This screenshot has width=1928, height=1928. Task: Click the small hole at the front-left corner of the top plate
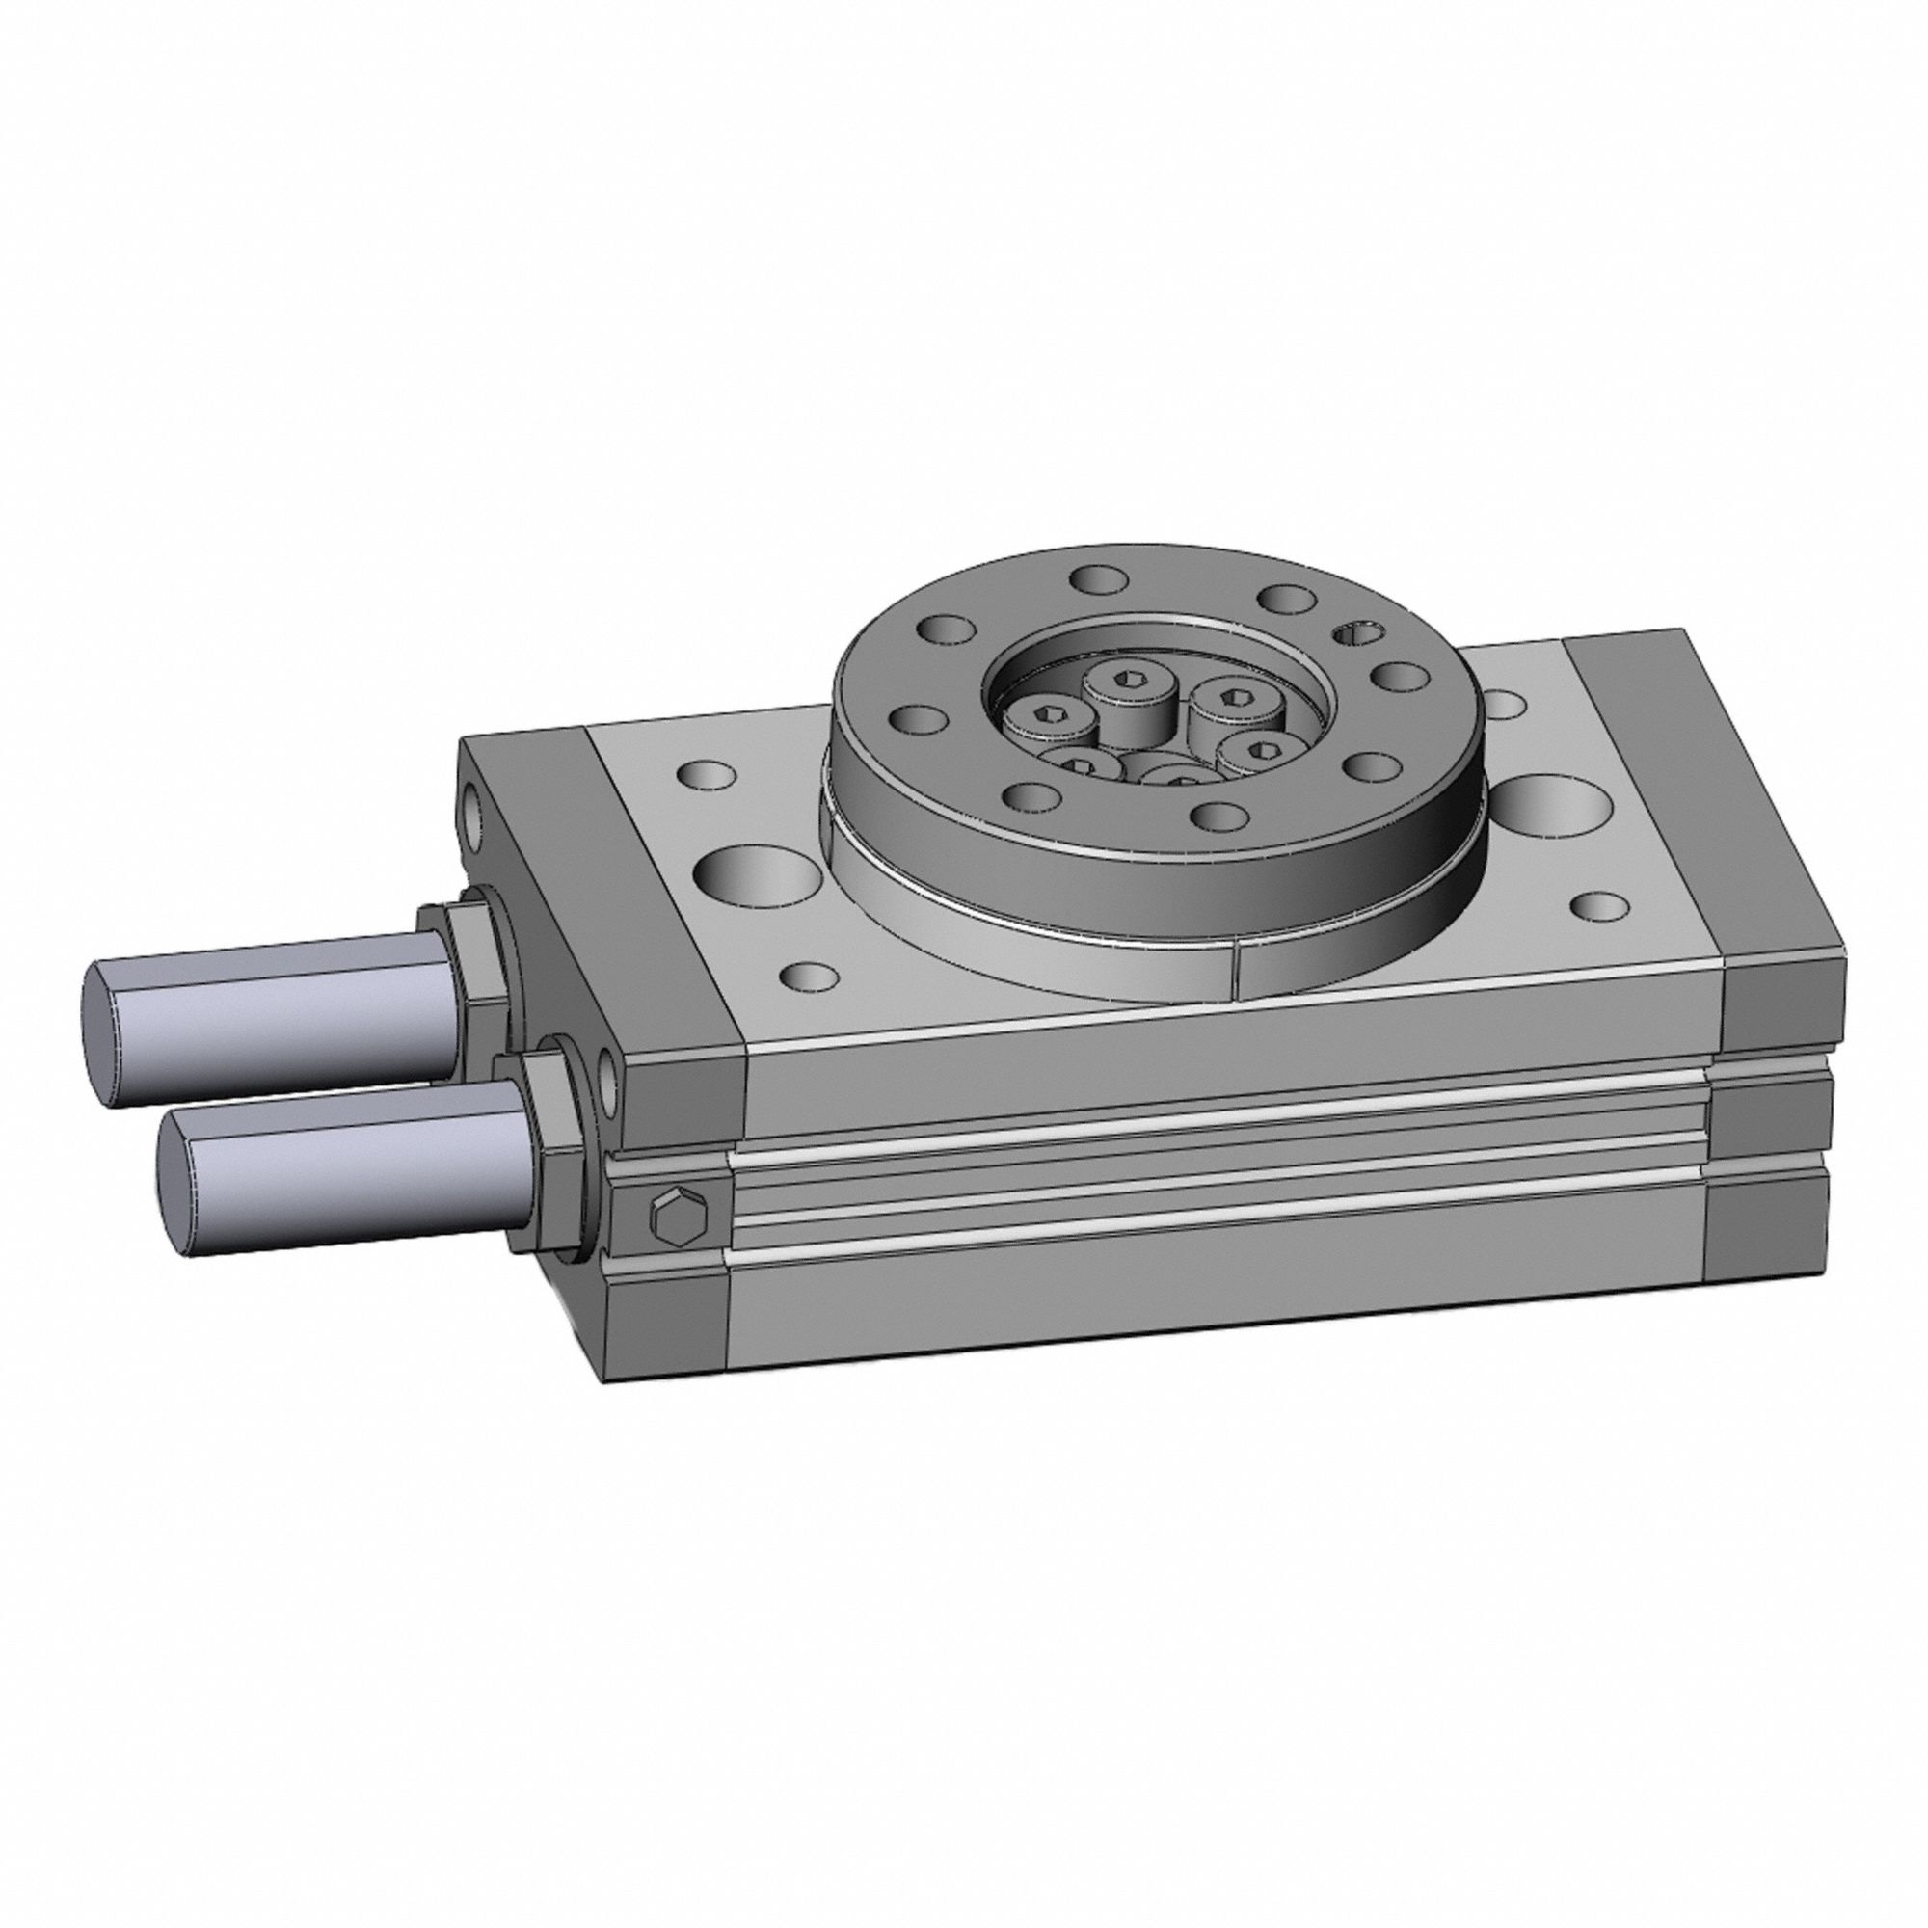(809, 975)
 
